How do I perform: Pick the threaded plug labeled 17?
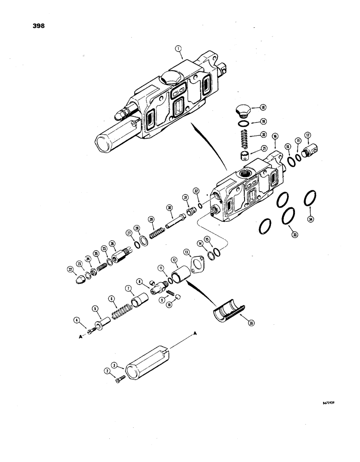click(x=312, y=150)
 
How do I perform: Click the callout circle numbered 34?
click(x=311, y=219)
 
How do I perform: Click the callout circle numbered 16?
click(x=275, y=137)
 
